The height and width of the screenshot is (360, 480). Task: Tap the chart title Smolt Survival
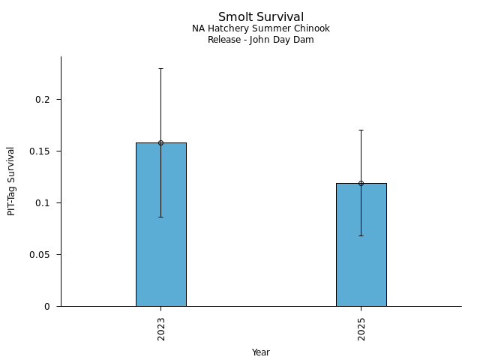click(x=261, y=17)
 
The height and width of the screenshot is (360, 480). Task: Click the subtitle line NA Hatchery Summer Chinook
click(x=261, y=28)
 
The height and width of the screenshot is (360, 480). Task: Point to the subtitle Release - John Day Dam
click(x=261, y=40)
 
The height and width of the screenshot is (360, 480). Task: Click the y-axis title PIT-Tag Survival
click(x=11, y=181)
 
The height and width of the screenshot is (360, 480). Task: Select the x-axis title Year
click(x=261, y=352)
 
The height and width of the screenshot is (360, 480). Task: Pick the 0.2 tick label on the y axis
click(x=46, y=100)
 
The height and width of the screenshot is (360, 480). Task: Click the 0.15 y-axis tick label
click(x=43, y=151)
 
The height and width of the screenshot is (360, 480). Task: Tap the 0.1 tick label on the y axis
click(x=46, y=203)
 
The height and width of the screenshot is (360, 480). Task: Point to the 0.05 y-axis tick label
click(x=43, y=255)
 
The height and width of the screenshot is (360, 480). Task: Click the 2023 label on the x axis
click(x=161, y=328)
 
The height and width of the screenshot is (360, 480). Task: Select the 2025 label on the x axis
click(x=361, y=328)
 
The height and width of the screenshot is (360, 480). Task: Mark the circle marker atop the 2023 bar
click(x=160, y=142)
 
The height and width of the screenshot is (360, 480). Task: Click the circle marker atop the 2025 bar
click(x=361, y=183)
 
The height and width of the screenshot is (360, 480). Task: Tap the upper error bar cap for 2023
click(x=160, y=68)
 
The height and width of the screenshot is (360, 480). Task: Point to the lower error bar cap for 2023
click(x=160, y=217)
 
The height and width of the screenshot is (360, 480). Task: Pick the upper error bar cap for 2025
click(x=361, y=130)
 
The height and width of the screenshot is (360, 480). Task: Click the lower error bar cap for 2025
click(x=361, y=235)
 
